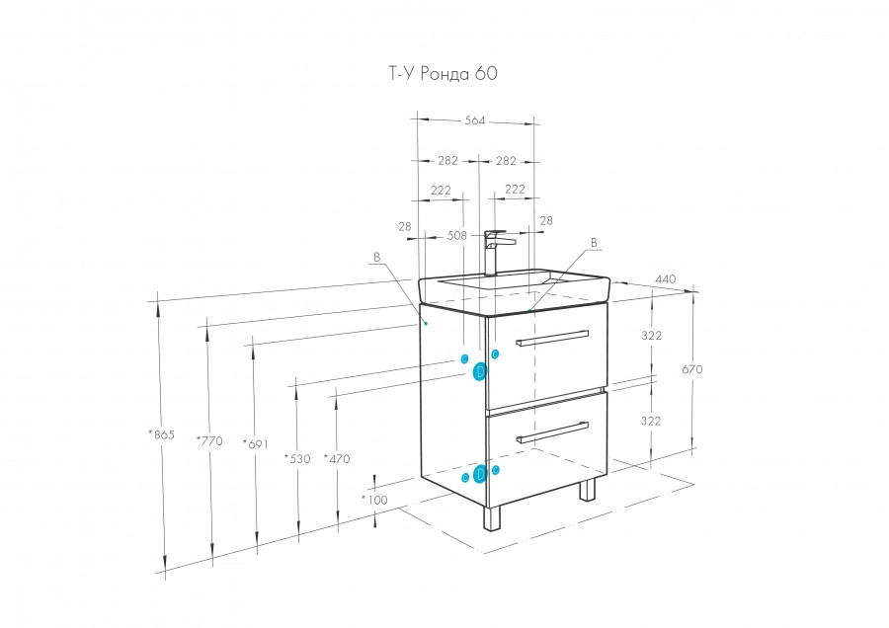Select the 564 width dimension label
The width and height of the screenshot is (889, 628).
pyautogui.click(x=474, y=121)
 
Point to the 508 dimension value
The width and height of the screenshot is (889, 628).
pyautogui.click(x=457, y=236)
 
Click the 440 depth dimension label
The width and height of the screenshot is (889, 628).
pyautogui.click(x=665, y=279)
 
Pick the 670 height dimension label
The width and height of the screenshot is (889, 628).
pyautogui.click(x=691, y=369)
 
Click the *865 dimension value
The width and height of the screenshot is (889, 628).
pyautogui.click(x=161, y=434)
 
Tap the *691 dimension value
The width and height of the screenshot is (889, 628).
pyautogui.click(x=255, y=443)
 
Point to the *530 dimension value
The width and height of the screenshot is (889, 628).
pyautogui.click(x=296, y=458)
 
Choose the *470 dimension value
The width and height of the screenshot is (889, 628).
pyautogui.click(x=337, y=458)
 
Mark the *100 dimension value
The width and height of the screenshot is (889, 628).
pyautogui.click(x=373, y=501)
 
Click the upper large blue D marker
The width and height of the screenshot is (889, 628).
pyautogui.click(x=480, y=371)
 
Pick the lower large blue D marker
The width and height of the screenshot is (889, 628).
pyautogui.click(x=480, y=474)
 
